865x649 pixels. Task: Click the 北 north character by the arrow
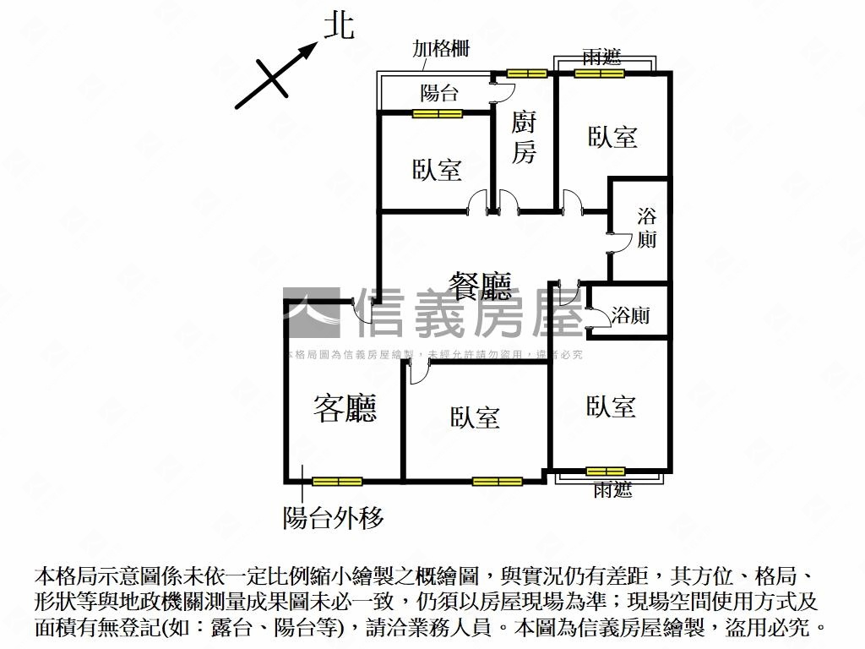point(340,27)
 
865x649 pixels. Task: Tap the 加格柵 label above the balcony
point(441,49)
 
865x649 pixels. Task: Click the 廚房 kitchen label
point(524,138)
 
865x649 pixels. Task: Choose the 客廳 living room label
point(345,408)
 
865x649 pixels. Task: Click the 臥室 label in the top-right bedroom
point(612,137)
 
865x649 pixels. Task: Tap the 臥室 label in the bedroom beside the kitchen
point(437,170)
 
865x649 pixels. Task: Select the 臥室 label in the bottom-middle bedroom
point(475,417)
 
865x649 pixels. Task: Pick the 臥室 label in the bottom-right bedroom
point(611,406)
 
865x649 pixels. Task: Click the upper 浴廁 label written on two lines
point(647,228)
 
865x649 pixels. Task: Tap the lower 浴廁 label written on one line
point(630,316)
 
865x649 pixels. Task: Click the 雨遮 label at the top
point(601,57)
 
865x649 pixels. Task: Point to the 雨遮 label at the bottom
point(612,490)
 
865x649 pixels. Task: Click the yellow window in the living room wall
point(337,482)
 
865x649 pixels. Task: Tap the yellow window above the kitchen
point(529,74)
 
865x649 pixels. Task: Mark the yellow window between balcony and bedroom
point(438,113)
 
